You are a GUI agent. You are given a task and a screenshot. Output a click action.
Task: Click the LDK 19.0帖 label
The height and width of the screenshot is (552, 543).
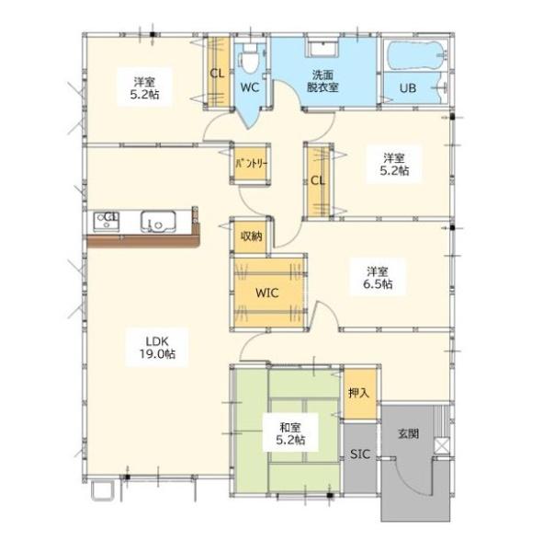(x=157, y=348)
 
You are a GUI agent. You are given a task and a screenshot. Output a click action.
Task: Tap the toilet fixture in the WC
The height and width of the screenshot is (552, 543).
(x=250, y=59)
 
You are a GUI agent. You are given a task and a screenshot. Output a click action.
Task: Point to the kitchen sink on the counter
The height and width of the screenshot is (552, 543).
(x=158, y=221)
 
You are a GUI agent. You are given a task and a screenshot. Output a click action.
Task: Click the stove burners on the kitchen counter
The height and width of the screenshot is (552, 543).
(x=107, y=221)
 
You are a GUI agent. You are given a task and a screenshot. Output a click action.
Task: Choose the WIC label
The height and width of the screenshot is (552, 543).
(x=267, y=293)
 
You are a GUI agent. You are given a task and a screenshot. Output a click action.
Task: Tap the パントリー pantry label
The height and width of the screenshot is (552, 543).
(x=252, y=164)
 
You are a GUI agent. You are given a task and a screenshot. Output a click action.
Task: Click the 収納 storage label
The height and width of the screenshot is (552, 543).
(x=251, y=236)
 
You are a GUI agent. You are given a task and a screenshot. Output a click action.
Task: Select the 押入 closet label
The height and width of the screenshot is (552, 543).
(x=358, y=393)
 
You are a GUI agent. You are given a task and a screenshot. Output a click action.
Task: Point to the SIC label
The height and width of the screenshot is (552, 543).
(x=360, y=454)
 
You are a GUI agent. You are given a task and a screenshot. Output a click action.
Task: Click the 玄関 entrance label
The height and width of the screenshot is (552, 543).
(x=408, y=433)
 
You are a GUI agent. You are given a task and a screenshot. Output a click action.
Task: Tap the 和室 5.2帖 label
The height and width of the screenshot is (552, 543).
(x=290, y=433)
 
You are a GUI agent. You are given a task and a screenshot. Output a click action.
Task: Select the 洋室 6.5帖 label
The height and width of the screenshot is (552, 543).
(x=378, y=278)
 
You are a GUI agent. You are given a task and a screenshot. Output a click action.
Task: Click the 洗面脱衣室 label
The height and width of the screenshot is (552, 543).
(x=322, y=81)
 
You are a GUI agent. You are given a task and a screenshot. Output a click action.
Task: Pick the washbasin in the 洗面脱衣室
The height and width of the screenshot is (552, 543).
(x=323, y=49)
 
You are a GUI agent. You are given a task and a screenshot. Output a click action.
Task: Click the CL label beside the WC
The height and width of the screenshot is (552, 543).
(x=217, y=74)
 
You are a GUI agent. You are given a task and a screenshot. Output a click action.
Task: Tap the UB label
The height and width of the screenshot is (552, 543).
(x=408, y=87)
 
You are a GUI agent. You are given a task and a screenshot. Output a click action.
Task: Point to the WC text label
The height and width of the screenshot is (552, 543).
(x=250, y=87)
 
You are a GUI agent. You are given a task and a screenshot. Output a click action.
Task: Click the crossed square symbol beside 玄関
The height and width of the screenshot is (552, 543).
(x=442, y=445)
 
